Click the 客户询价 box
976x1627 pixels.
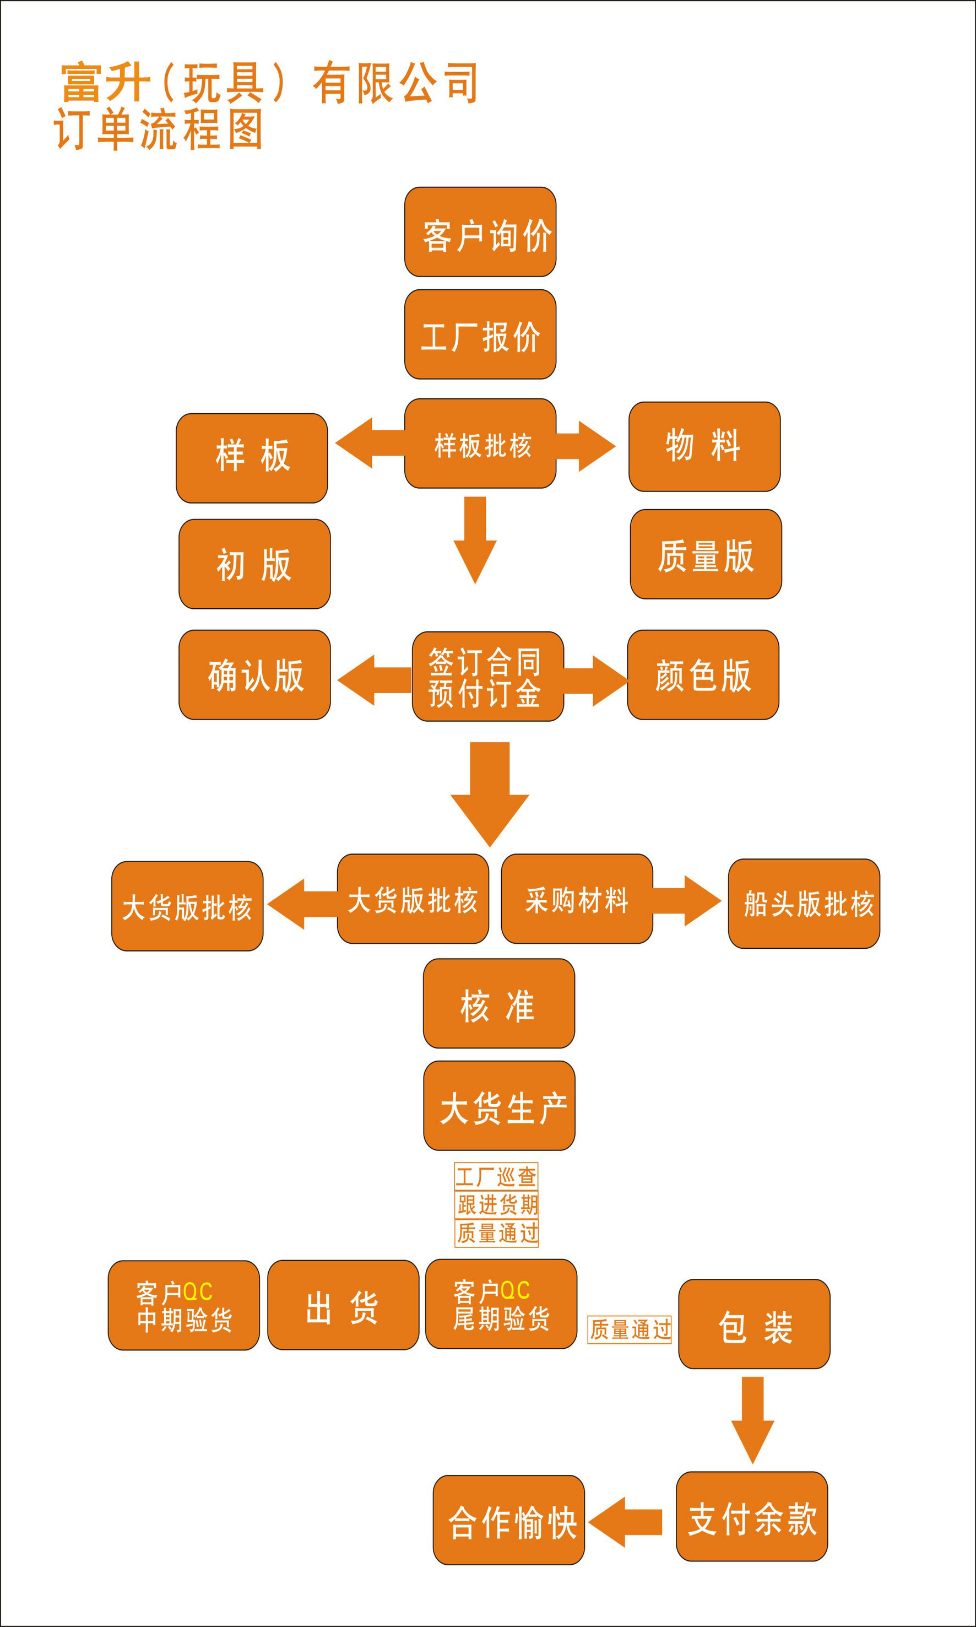[x=480, y=233]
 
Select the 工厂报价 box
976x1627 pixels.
[x=480, y=334]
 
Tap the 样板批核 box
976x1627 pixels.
[x=480, y=444]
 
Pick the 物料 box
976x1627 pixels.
[x=704, y=447]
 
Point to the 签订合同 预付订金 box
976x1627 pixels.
[x=487, y=677]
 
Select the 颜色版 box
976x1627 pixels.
[x=703, y=674]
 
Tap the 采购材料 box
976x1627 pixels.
[x=577, y=899]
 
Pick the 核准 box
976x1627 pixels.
[x=498, y=1003]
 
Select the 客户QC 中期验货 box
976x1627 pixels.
[x=183, y=1305]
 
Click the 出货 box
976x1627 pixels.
[x=343, y=1305]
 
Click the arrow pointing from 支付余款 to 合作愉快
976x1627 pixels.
[x=626, y=1522]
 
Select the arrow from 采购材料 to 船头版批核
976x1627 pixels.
[x=686, y=900]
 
